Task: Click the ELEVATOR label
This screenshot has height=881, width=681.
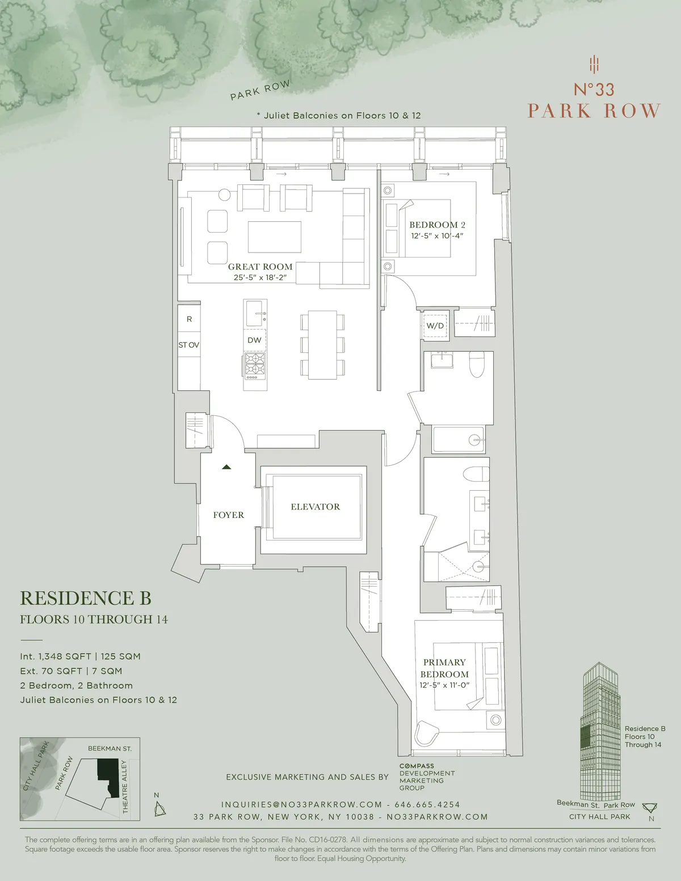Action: click(x=315, y=507)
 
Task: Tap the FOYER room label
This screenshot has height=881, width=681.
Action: click(x=228, y=515)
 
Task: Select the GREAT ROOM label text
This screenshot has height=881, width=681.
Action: click(x=260, y=267)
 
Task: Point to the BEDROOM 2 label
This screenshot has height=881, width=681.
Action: click(x=437, y=225)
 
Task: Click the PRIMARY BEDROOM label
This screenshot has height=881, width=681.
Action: click(x=444, y=668)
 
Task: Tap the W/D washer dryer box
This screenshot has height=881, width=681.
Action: click(x=435, y=326)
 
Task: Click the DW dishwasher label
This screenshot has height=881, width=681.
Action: click(x=254, y=340)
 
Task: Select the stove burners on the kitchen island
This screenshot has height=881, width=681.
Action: click(x=255, y=365)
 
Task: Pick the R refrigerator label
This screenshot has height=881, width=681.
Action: click(x=189, y=319)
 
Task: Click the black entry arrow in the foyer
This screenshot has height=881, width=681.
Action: click(x=226, y=467)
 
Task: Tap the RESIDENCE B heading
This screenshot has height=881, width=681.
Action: click(x=86, y=598)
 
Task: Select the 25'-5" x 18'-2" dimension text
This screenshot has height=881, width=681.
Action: click(x=260, y=278)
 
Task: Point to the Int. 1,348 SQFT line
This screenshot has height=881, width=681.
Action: click(x=80, y=656)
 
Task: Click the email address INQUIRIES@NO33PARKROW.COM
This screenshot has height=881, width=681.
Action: click(x=301, y=804)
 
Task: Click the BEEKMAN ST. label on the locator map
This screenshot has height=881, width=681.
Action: click(x=110, y=749)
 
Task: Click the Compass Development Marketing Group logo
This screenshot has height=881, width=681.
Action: click(x=427, y=777)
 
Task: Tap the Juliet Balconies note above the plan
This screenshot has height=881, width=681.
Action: click(x=339, y=116)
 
